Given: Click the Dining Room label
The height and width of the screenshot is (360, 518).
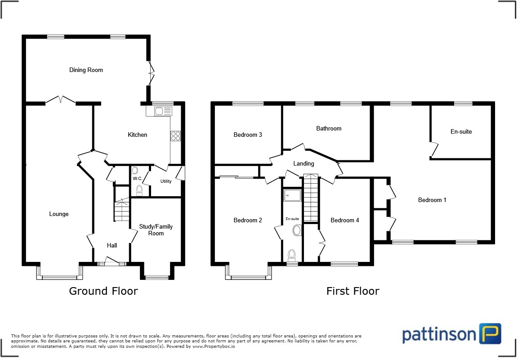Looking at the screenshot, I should [86, 70].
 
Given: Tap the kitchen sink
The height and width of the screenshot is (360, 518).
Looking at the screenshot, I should [160, 111].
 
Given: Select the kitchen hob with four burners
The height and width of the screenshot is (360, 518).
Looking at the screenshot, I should [175, 136].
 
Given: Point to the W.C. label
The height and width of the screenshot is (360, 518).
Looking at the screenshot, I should [137, 179].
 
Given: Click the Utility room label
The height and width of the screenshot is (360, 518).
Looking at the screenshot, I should [165, 181].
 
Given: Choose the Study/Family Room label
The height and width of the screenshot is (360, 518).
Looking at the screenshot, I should [156, 230].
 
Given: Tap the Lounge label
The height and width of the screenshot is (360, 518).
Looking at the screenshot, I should [59, 214].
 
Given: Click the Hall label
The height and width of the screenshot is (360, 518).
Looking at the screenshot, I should [112, 245].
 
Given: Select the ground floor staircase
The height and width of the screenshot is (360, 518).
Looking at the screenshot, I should [121, 211].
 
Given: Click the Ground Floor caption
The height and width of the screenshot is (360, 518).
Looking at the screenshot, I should [103, 291].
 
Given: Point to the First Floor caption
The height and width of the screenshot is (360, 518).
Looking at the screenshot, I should [353, 291].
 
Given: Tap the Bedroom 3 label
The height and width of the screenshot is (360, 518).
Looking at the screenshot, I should [248, 135].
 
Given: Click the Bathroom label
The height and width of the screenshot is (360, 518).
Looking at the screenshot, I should [329, 128].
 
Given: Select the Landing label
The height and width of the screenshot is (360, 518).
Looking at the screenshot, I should [304, 163].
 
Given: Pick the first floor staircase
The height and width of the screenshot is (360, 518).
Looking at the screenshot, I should [311, 198].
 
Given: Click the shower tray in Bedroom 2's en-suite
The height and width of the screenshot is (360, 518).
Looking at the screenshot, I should [292, 195].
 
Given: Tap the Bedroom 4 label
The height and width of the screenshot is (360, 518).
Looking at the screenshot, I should [345, 220].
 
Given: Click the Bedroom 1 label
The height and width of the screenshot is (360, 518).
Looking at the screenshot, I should [432, 200].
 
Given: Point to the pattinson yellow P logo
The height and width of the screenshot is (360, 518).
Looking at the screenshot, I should [490, 333].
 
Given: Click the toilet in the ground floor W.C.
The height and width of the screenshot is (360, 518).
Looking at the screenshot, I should [139, 190].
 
